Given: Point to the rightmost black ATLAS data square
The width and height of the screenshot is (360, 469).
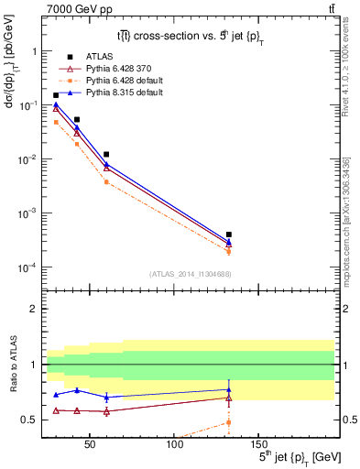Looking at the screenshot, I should tap(228, 234).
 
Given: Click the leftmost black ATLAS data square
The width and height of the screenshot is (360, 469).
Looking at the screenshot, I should tap(56, 95).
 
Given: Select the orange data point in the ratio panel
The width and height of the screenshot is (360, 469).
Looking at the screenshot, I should tap(228, 422).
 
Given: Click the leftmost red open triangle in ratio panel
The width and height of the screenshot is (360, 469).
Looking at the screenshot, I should tap(56, 410).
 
